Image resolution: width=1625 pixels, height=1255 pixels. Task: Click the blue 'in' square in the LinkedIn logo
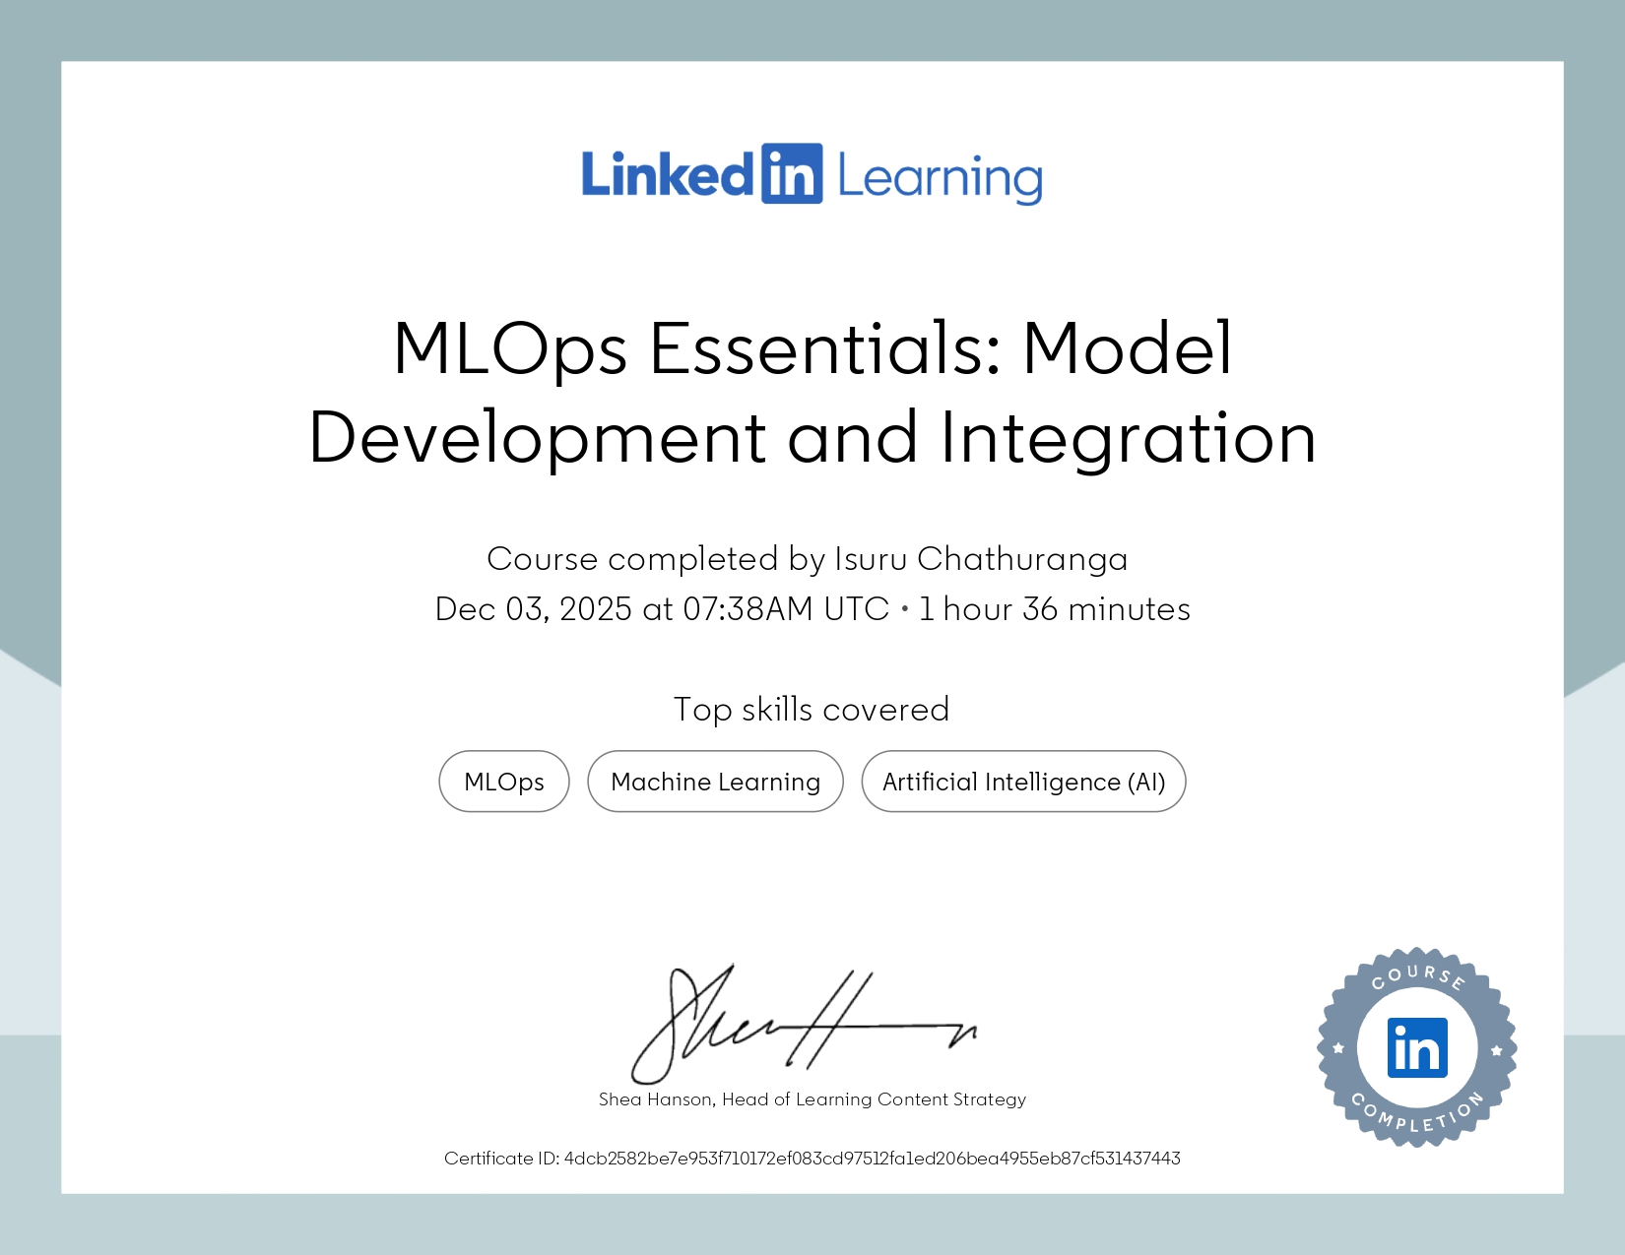[x=791, y=174]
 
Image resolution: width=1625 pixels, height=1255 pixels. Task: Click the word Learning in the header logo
[x=940, y=178]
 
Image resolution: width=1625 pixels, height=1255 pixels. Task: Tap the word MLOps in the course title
[x=510, y=349]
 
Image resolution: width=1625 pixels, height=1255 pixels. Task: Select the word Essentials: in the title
[x=825, y=349]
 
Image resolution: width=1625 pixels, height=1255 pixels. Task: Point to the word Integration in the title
[x=1128, y=438]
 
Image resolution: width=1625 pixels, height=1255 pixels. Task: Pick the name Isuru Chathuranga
[x=981, y=559]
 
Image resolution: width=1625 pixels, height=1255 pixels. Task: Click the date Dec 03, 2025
[x=533, y=609]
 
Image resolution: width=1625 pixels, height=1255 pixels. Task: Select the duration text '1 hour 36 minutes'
[x=1054, y=609]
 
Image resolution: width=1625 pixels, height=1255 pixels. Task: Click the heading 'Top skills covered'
[x=812, y=710]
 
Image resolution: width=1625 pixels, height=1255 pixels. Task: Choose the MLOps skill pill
[x=504, y=782]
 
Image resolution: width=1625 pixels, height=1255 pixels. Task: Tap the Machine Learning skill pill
[x=715, y=782]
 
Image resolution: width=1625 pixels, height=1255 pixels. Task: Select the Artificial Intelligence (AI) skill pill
[x=1023, y=782]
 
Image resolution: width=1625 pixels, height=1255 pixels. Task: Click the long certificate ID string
[x=872, y=1159]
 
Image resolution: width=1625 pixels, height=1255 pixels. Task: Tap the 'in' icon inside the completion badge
[x=1417, y=1048]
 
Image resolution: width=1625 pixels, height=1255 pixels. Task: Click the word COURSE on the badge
[x=1418, y=975]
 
